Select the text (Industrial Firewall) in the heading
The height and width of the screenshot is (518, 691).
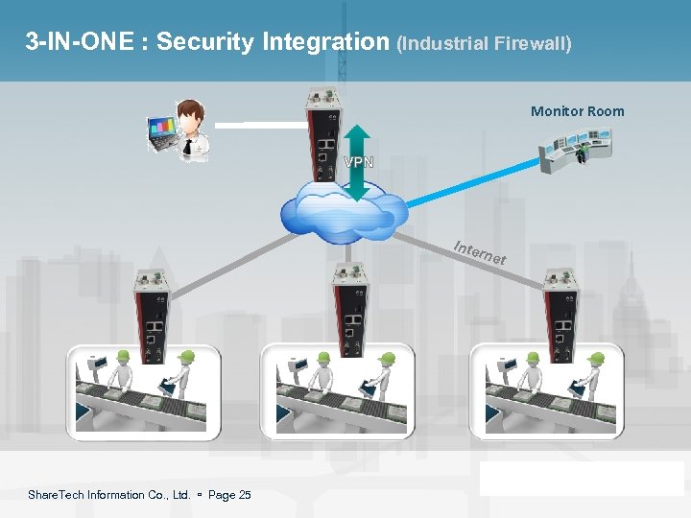(x=483, y=44)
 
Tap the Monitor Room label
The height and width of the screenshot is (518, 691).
(x=577, y=111)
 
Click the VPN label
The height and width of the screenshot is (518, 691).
(x=358, y=161)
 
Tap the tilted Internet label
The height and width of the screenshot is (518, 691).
(x=479, y=252)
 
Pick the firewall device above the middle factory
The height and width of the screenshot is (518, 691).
(x=348, y=306)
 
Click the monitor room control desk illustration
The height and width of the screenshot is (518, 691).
(x=574, y=151)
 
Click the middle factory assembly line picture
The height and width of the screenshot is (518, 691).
(x=337, y=388)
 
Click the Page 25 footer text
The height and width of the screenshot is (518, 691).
(x=229, y=495)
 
